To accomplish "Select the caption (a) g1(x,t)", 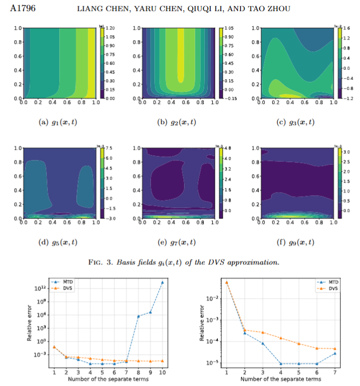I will click(x=59, y=123).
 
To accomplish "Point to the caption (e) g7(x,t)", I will click(x=177, y=242).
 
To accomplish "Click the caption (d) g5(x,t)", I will click(x=59, y=242).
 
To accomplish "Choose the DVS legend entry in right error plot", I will click(x=332, y=288).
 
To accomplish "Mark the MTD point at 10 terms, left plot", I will click(x=162, y=283).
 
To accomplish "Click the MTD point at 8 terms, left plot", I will click(x=138, y=316).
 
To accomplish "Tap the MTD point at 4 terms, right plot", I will click(x=280, y=363).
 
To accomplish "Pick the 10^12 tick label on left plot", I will click(x=40, y=289).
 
